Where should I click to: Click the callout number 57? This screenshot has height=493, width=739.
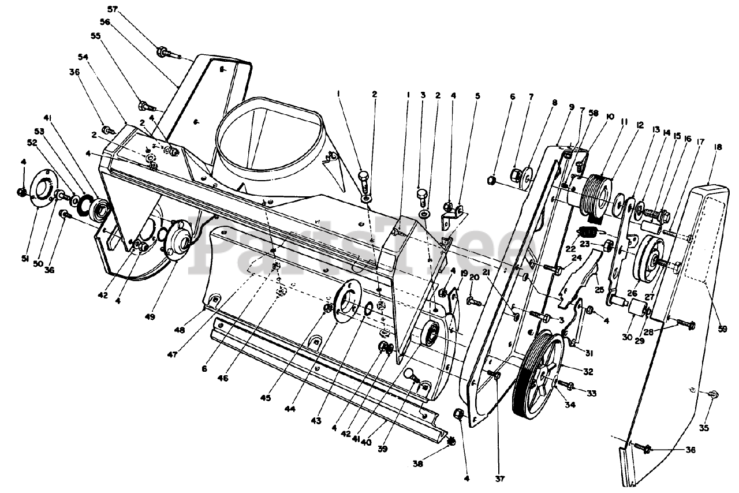tap(112, 9)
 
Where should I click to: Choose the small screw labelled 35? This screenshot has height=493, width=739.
tap(712, 394)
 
